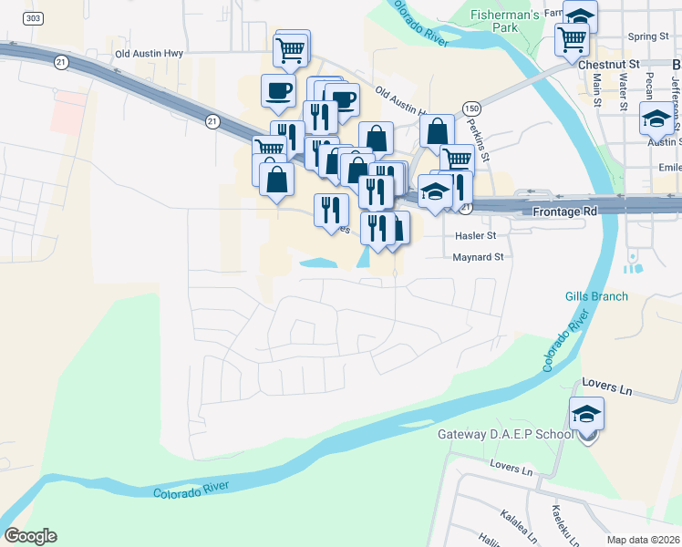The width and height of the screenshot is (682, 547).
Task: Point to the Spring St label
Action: click(x=648, y=36)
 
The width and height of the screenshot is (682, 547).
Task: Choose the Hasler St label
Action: click(x=474, y=235)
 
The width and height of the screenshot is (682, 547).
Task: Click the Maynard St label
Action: click(x=479, y=258)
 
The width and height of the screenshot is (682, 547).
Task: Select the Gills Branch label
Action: click(x=596, y=296)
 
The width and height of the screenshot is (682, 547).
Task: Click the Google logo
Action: click(x=30, y=536)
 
